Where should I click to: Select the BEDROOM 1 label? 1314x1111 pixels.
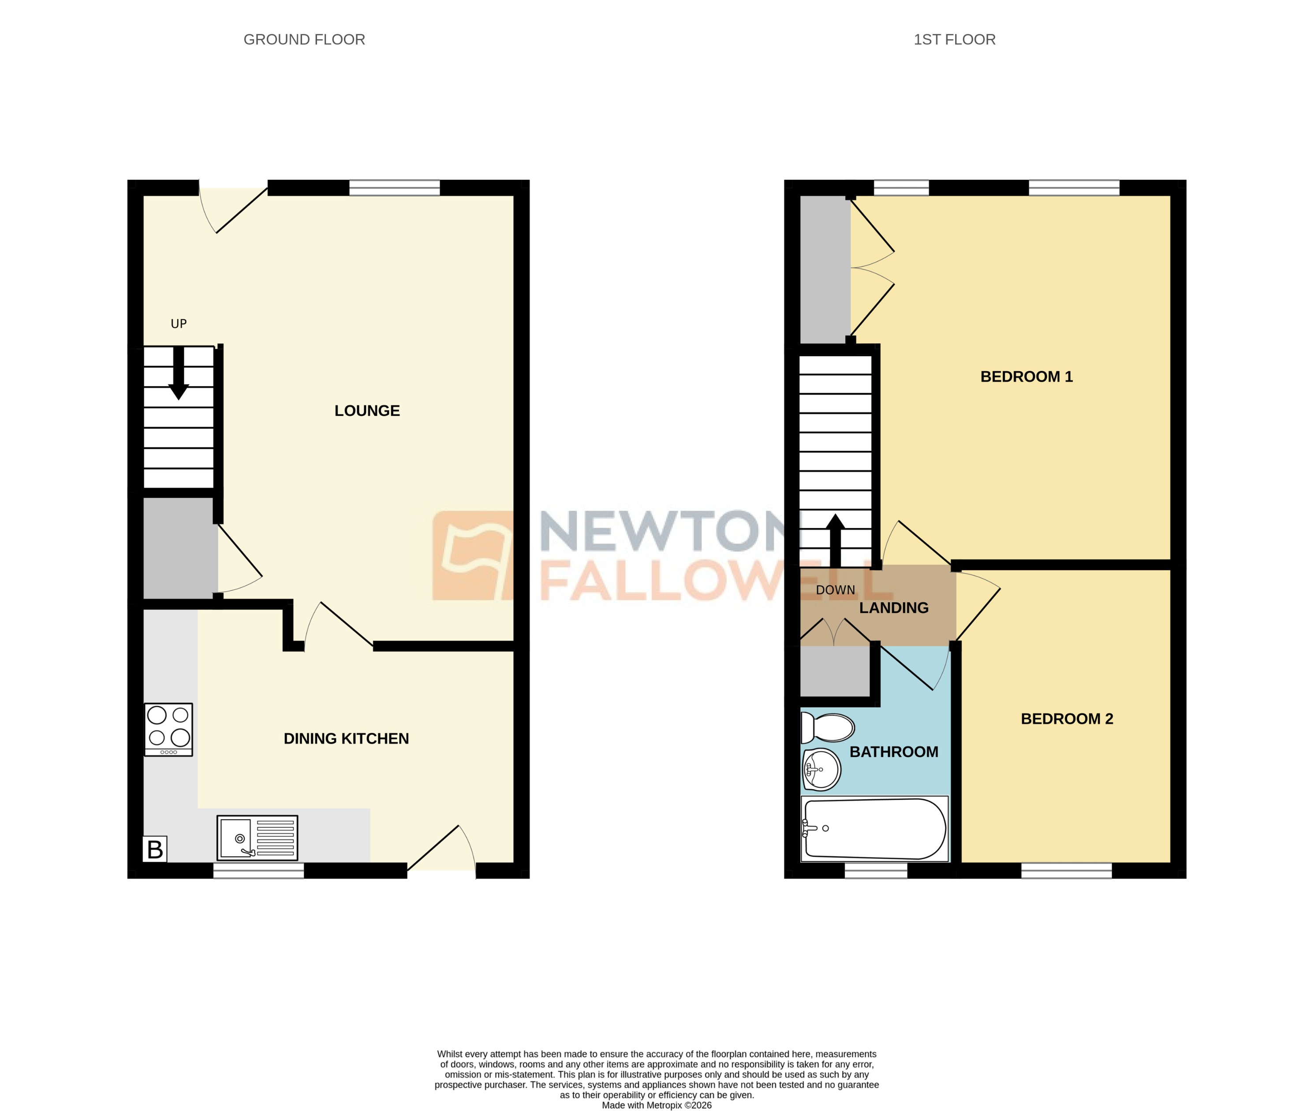(x=1026, y=377)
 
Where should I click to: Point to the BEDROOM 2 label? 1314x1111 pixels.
(x=1067, y=719)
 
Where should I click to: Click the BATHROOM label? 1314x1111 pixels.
(x=893, y=752)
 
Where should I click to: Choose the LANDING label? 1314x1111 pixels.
(x=893, y=608)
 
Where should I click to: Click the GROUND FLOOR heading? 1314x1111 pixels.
(x=304, y=40)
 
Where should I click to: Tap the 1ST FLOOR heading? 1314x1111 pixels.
(x=954, y=40)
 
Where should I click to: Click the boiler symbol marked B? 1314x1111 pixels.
(x=155, y=850)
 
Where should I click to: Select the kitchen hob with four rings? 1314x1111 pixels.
(x=168, y=729)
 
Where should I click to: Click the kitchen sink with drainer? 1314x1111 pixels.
(x=257, y=838)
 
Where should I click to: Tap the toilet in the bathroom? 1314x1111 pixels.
(x=827, y=728)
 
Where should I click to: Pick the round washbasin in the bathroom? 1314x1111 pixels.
(x=821, y=769)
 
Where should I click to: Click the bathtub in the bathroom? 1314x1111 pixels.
(x=874, y=829)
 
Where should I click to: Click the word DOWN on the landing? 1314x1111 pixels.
(x=835, y=590)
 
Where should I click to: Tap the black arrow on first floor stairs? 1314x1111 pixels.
(x=835, y=541)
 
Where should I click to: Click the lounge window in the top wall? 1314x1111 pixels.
(x=394, y=188)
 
